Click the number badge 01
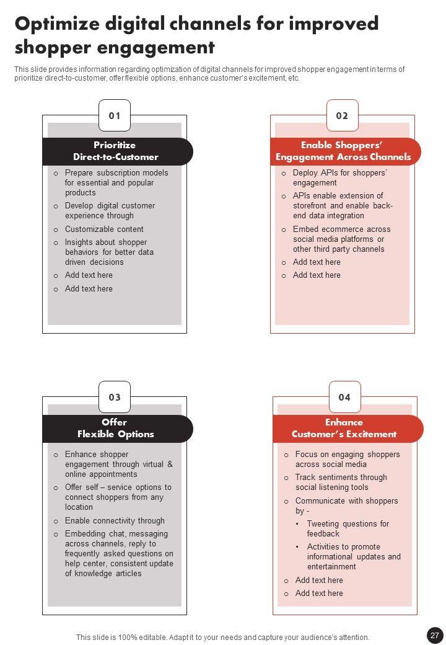115,115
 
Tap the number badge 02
343,115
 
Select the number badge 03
115,397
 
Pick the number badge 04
344,397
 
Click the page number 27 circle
434,635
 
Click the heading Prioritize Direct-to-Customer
116,151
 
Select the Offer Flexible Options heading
116,428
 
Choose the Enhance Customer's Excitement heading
344,428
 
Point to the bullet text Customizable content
104,229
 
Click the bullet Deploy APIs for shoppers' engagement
339,178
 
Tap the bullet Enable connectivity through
115,521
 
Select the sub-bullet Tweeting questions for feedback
348,528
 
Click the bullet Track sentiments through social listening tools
341,483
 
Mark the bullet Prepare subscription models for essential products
116,183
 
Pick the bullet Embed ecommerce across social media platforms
341,239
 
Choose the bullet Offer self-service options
118,497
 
